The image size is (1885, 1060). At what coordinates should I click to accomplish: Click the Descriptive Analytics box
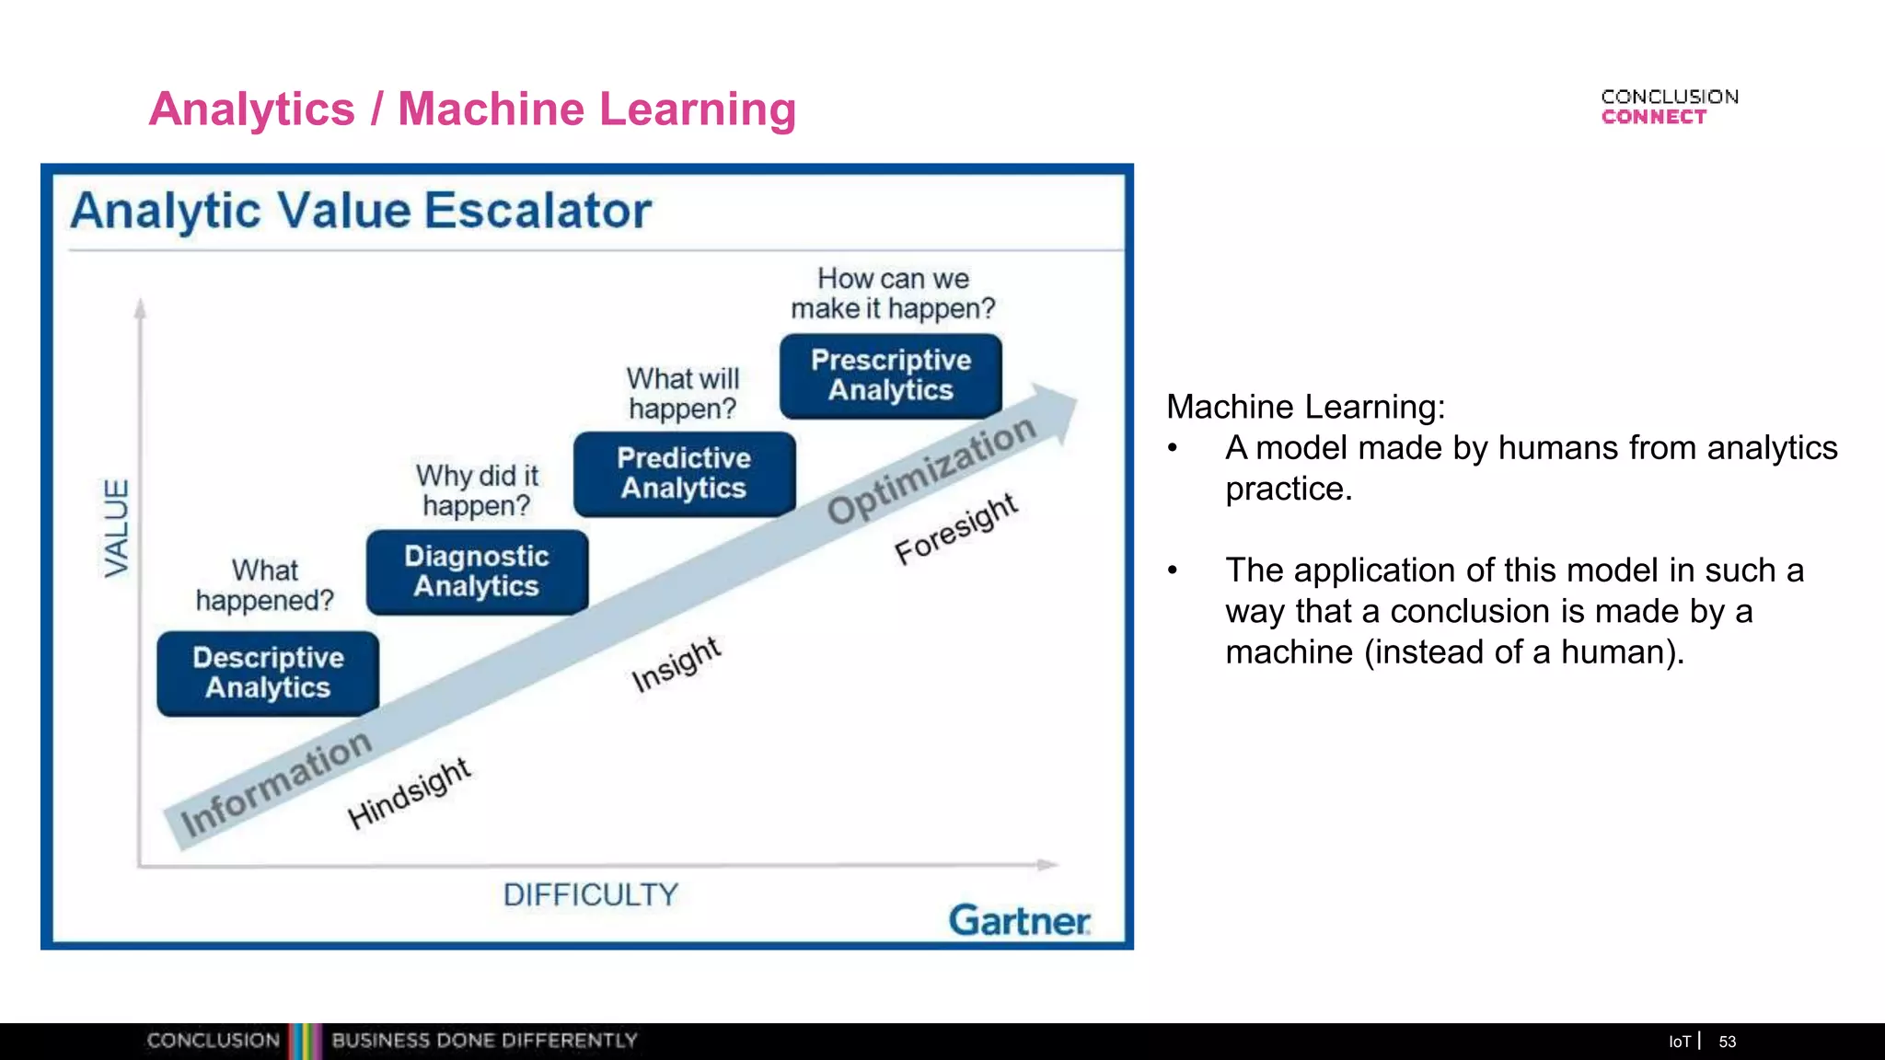pos(268,673)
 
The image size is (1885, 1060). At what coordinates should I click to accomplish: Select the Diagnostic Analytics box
pos(477,571)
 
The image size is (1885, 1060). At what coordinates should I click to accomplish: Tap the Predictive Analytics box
pos(684,473)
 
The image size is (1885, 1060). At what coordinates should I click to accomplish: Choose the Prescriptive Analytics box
pos(891,375)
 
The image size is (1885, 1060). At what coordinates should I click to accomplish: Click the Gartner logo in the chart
pos(1019,920)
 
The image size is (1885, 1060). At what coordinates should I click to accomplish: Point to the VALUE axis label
pos(117,528)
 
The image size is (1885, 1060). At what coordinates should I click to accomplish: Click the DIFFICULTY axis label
pos(590,894)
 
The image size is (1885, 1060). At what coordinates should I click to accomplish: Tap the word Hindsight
pos(409,794)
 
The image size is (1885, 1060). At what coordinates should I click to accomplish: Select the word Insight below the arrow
pos(676,664)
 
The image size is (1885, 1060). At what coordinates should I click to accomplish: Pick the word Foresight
pos(955,528)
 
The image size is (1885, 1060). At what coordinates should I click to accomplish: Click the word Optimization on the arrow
pos(931,469)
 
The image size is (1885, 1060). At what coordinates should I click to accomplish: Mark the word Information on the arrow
pos(275,783)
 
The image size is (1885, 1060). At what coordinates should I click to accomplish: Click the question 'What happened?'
pos(265,585)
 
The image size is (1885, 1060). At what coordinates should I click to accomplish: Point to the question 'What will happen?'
pos(683,393)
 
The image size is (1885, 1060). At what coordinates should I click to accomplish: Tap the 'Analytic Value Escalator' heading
pos(361,211)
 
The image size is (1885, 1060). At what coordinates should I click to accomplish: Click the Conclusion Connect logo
pos(1669,107)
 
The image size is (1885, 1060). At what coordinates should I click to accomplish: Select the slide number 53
pos(1727,1042)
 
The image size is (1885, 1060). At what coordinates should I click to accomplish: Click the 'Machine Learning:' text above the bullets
pos(1305,407)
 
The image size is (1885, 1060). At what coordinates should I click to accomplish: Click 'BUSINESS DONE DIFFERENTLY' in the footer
pos(484,1041)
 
